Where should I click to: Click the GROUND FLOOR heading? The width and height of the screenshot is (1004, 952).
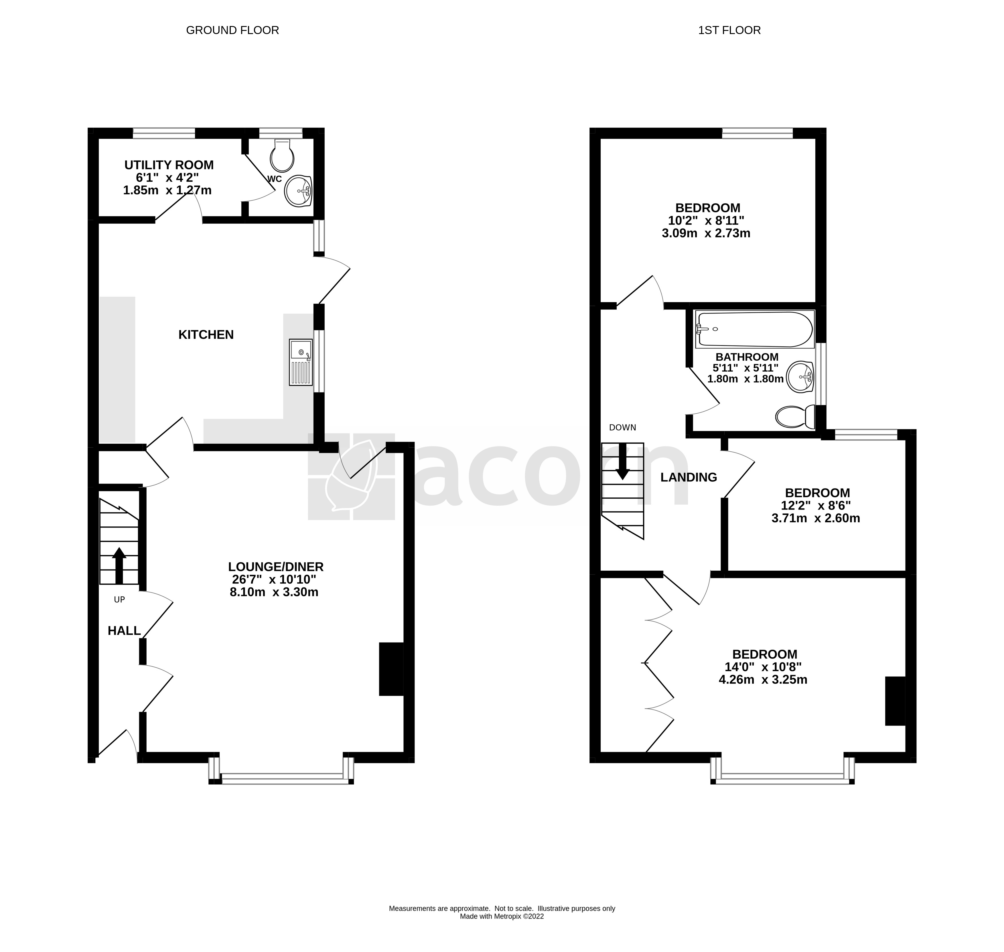232,30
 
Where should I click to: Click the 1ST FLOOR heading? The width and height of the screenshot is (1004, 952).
729,30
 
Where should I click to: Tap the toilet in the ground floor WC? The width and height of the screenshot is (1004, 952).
282,156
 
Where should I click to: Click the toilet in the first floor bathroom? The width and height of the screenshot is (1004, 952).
795,416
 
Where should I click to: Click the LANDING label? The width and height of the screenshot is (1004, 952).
688,477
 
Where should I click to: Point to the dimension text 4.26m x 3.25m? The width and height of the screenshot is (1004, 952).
762,679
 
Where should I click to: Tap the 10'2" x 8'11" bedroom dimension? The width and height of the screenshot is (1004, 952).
706,221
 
